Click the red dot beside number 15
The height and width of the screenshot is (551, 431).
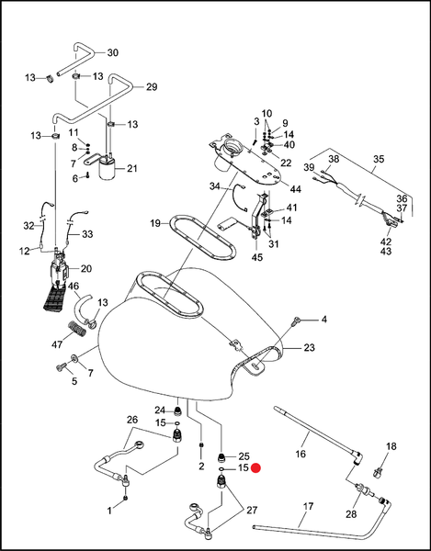(x=255, y=468)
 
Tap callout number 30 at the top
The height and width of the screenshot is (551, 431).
(x=112, y=52)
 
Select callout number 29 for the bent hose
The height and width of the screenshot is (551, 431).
(x=152, y=87)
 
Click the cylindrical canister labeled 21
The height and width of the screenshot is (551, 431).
(x=107, y=169)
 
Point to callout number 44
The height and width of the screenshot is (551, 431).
(x=295, y=189)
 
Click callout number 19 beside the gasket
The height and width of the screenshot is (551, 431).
(x=155, y=223)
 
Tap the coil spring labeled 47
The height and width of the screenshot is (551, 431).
(x=76, y=328)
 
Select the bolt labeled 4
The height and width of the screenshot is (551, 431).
(x=296, y=320)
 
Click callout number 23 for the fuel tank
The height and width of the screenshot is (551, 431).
(x=309, y=347)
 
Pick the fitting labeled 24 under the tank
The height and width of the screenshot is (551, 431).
(x=179, y=410)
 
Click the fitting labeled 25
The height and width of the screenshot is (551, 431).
(x=221, y=457)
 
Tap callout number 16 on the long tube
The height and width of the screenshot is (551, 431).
(x=301, y=454)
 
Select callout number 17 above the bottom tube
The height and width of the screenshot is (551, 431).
(x=308, y=507)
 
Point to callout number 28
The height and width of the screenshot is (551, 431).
(x=351, y=514)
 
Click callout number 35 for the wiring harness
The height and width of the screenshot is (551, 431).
(x=379, y=159)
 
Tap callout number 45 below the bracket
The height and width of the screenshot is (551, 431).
(x=257, y=257)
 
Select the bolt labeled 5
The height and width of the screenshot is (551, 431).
(x=60, y=367)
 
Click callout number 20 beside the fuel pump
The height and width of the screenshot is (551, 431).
(x=86, y=269)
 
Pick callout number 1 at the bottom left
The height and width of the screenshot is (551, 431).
(x=109, y=511)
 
